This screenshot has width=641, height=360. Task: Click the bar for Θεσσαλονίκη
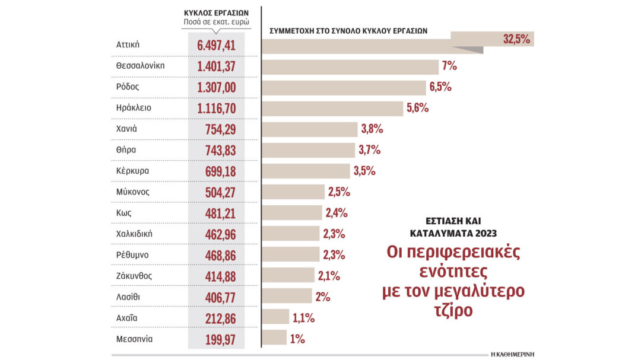point(350,66)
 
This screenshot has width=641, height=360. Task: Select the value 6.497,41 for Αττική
point(216,45)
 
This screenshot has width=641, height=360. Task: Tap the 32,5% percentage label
point(517,40)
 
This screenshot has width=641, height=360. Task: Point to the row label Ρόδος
point(128,87)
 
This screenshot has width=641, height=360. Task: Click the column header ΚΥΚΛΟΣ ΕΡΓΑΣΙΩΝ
point(216,12)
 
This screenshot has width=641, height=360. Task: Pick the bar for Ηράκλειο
point(332,108)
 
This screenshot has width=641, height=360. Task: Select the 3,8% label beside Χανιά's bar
point(372,129)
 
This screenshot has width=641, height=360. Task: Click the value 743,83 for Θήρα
point(216,150)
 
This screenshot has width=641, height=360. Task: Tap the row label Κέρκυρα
point(132,171)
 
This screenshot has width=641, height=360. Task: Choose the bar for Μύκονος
point(293,192)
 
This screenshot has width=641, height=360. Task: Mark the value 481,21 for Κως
point(216,213)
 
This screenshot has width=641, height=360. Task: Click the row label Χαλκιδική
point(135,234)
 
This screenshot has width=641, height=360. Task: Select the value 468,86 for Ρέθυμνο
point(216,255)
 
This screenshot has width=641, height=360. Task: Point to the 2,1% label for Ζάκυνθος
point(329,276)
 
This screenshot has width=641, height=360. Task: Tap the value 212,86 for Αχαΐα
point(216,318)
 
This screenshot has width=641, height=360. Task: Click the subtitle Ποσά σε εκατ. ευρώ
point(216,23)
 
